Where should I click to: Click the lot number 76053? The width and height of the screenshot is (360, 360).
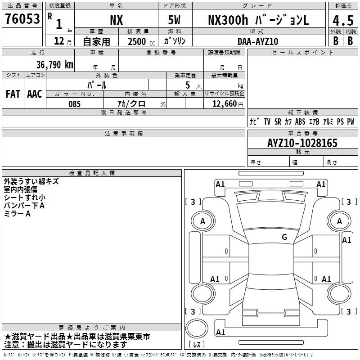pos(22,19)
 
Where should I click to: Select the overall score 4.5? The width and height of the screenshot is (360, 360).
pos(343,21)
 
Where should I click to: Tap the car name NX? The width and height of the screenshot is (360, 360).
pos(117,20)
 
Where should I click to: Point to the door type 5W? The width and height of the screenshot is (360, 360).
pos(174,20)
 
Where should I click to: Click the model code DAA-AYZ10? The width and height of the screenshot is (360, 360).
pos(258,41)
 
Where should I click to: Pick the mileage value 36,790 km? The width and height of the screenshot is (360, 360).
pos(55,65)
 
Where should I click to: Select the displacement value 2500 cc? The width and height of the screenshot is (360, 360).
pos(141,41)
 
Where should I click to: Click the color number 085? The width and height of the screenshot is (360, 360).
pos(75,104)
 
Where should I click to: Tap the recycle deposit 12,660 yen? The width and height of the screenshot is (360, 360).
pos(228,104)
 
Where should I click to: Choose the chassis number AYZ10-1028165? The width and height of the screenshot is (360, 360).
pos(302,143)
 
